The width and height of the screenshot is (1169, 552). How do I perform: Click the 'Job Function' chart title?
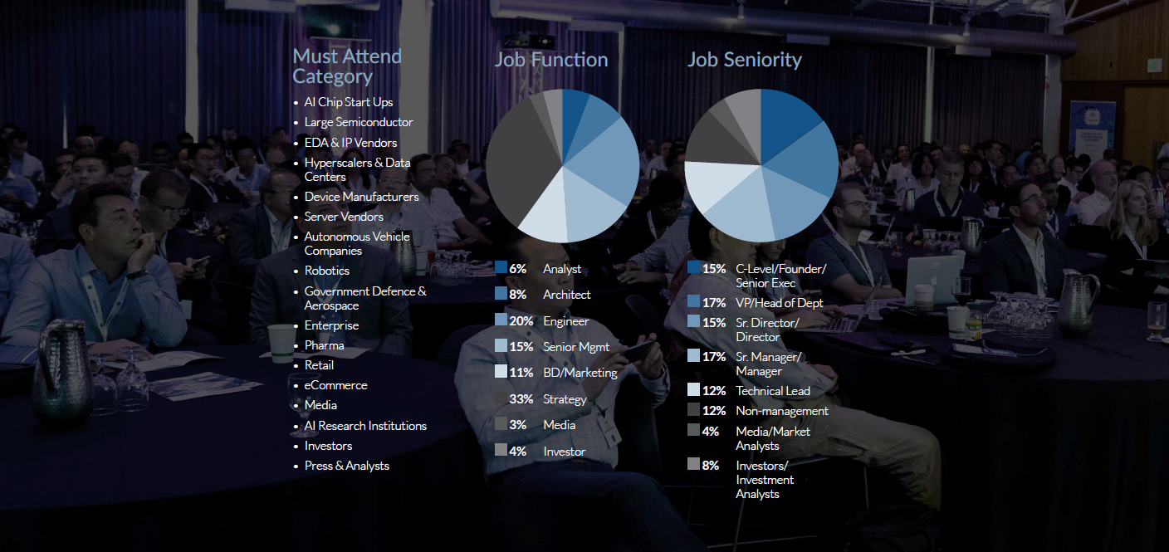click(551, 60)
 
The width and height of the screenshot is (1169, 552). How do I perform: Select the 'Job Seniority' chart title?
click(744, 60)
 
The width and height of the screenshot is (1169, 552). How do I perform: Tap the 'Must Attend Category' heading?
click(346, 66)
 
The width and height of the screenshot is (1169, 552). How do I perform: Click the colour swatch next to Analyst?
click(501, 267)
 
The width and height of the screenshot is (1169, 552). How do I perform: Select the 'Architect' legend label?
click(566, 295)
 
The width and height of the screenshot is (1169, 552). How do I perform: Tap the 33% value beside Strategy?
click(521, 399)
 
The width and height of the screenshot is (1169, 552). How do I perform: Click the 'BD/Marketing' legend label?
click(580, 373)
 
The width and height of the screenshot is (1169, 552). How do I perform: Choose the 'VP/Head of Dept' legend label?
click(779, 303)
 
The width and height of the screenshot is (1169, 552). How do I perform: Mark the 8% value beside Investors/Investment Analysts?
click(710, 466)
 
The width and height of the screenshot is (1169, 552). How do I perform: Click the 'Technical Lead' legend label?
click(772, 391)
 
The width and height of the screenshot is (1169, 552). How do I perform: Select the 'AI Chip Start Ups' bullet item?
click(348, 102)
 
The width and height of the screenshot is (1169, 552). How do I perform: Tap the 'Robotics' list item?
click(326, 271)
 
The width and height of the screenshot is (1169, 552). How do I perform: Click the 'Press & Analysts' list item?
click(346, 466)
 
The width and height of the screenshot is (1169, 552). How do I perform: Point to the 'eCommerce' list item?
click(335, 385)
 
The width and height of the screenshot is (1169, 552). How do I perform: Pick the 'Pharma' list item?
click(324, 345)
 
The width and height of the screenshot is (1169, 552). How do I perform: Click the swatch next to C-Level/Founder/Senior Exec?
click(693, 267)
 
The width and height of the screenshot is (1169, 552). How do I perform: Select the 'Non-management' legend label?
click(781, 411)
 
